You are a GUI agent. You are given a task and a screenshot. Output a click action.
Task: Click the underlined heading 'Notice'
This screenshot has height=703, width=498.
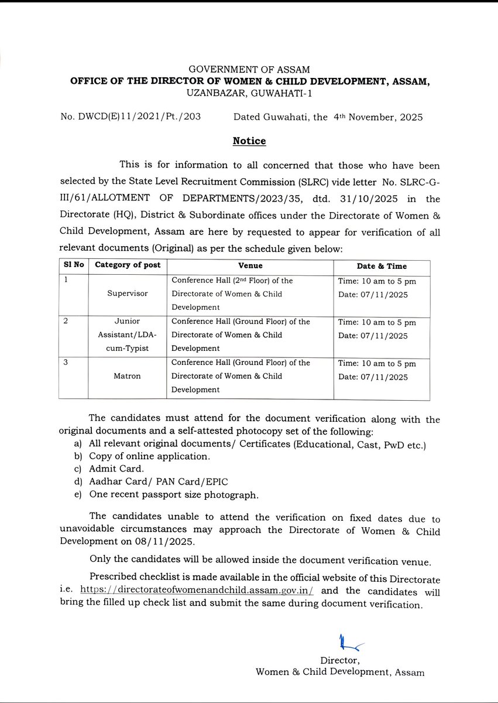tap(249, 141)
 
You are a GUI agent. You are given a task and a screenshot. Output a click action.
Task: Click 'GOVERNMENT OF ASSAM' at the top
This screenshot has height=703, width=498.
tap(249, 70)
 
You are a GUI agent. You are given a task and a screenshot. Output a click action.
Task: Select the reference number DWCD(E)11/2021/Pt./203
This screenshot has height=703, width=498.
tap(130, 117)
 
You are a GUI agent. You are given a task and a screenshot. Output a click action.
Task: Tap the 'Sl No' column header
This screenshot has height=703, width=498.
tap(74, 265)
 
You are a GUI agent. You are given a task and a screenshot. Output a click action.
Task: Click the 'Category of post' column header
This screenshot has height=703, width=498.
tap(128, 265)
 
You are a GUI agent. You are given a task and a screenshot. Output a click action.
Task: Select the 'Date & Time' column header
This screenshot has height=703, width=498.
tap(382, 266)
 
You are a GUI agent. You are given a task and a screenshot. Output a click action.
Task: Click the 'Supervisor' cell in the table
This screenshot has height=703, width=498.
tap(128, 294)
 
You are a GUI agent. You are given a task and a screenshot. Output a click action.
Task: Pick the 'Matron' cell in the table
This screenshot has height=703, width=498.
tap(128, 376)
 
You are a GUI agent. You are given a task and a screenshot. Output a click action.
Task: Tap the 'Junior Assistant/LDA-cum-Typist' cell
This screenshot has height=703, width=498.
tap(128, 335)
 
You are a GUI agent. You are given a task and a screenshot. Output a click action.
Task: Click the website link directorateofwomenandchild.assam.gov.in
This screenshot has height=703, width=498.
tap(197, 591)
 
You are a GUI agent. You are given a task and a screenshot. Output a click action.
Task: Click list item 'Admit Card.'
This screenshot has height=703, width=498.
tap(116, 469)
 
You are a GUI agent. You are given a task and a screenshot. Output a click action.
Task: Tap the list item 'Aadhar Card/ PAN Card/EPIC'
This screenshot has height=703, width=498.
tap(158, 482)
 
